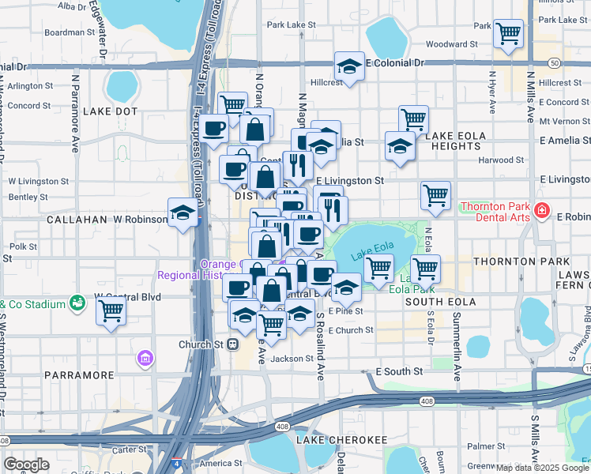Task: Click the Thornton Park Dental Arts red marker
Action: point(541,210)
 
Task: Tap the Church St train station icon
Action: point(233,344)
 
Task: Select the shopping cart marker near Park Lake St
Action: point(508,34)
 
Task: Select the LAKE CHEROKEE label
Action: point(341,439)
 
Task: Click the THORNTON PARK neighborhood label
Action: point(521,261)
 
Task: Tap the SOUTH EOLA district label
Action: point(441,302)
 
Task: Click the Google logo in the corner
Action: point(26,465)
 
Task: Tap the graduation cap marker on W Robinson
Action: point(183,213)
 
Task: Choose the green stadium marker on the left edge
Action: point(77,302)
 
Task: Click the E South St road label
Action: point(401,371)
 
